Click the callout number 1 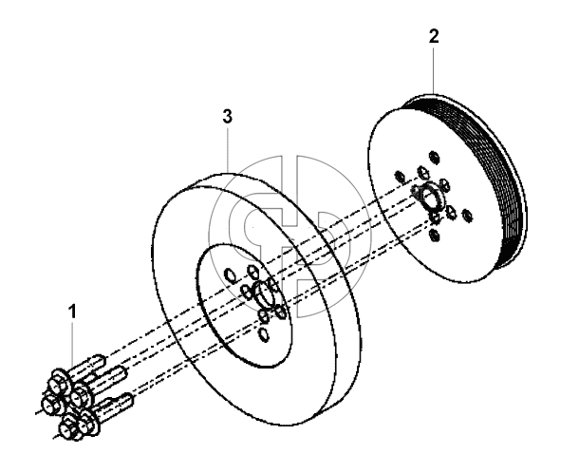(x=73, y=312)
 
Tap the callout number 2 (x=434, y=37)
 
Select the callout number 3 (x=228, y=117)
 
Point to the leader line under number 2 (x=434, y=70)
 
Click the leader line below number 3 (x=228, y=150)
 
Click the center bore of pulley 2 (x=429, y=195)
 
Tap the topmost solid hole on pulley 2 (x=435, y=157)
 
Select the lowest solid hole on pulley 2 (x=435, y=235)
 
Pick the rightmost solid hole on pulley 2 (x=467, y=215)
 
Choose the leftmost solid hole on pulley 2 (x=400, y=177)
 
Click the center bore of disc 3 (x=263, y=293)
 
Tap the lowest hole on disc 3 (x=264, y=334)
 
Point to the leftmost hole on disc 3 (x=230, y=275)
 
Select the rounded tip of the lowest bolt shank (x=128, y=398)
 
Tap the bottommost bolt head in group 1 (x=67, y=429)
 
